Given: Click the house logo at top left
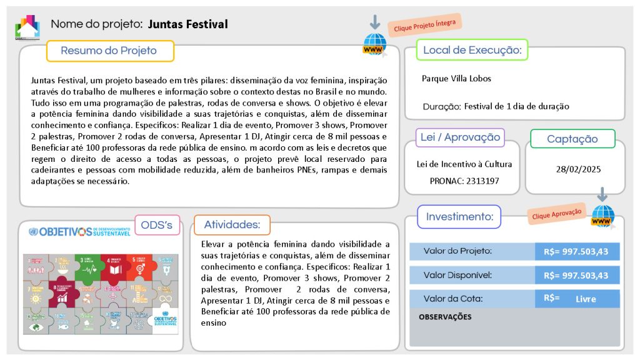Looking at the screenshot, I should tap(27, 26).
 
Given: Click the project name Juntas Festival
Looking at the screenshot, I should tap(187, 24).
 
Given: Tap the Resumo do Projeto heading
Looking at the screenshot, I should tap(109, 51).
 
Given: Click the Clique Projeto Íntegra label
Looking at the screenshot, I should tap(424, 25).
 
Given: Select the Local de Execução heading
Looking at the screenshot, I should tap(472, 50).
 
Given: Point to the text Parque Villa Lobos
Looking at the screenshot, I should tap(456, 79).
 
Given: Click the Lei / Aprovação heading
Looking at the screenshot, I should tap(460, 137).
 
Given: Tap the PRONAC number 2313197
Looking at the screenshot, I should tap(481, 181).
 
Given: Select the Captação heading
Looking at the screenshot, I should tap(572, 139).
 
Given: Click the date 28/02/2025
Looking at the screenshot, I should tap(578, 169).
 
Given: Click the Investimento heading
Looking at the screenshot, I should tap(459, 217).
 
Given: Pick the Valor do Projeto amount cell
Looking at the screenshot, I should tap(576, 251).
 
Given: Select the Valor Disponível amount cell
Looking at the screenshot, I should tap(576, 275).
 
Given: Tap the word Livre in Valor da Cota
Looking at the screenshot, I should tap(586, 299).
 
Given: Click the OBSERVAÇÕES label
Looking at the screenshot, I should tap(445, 317).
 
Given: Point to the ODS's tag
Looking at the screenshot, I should tap(157, 225).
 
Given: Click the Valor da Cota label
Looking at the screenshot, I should tap(453, 299).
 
